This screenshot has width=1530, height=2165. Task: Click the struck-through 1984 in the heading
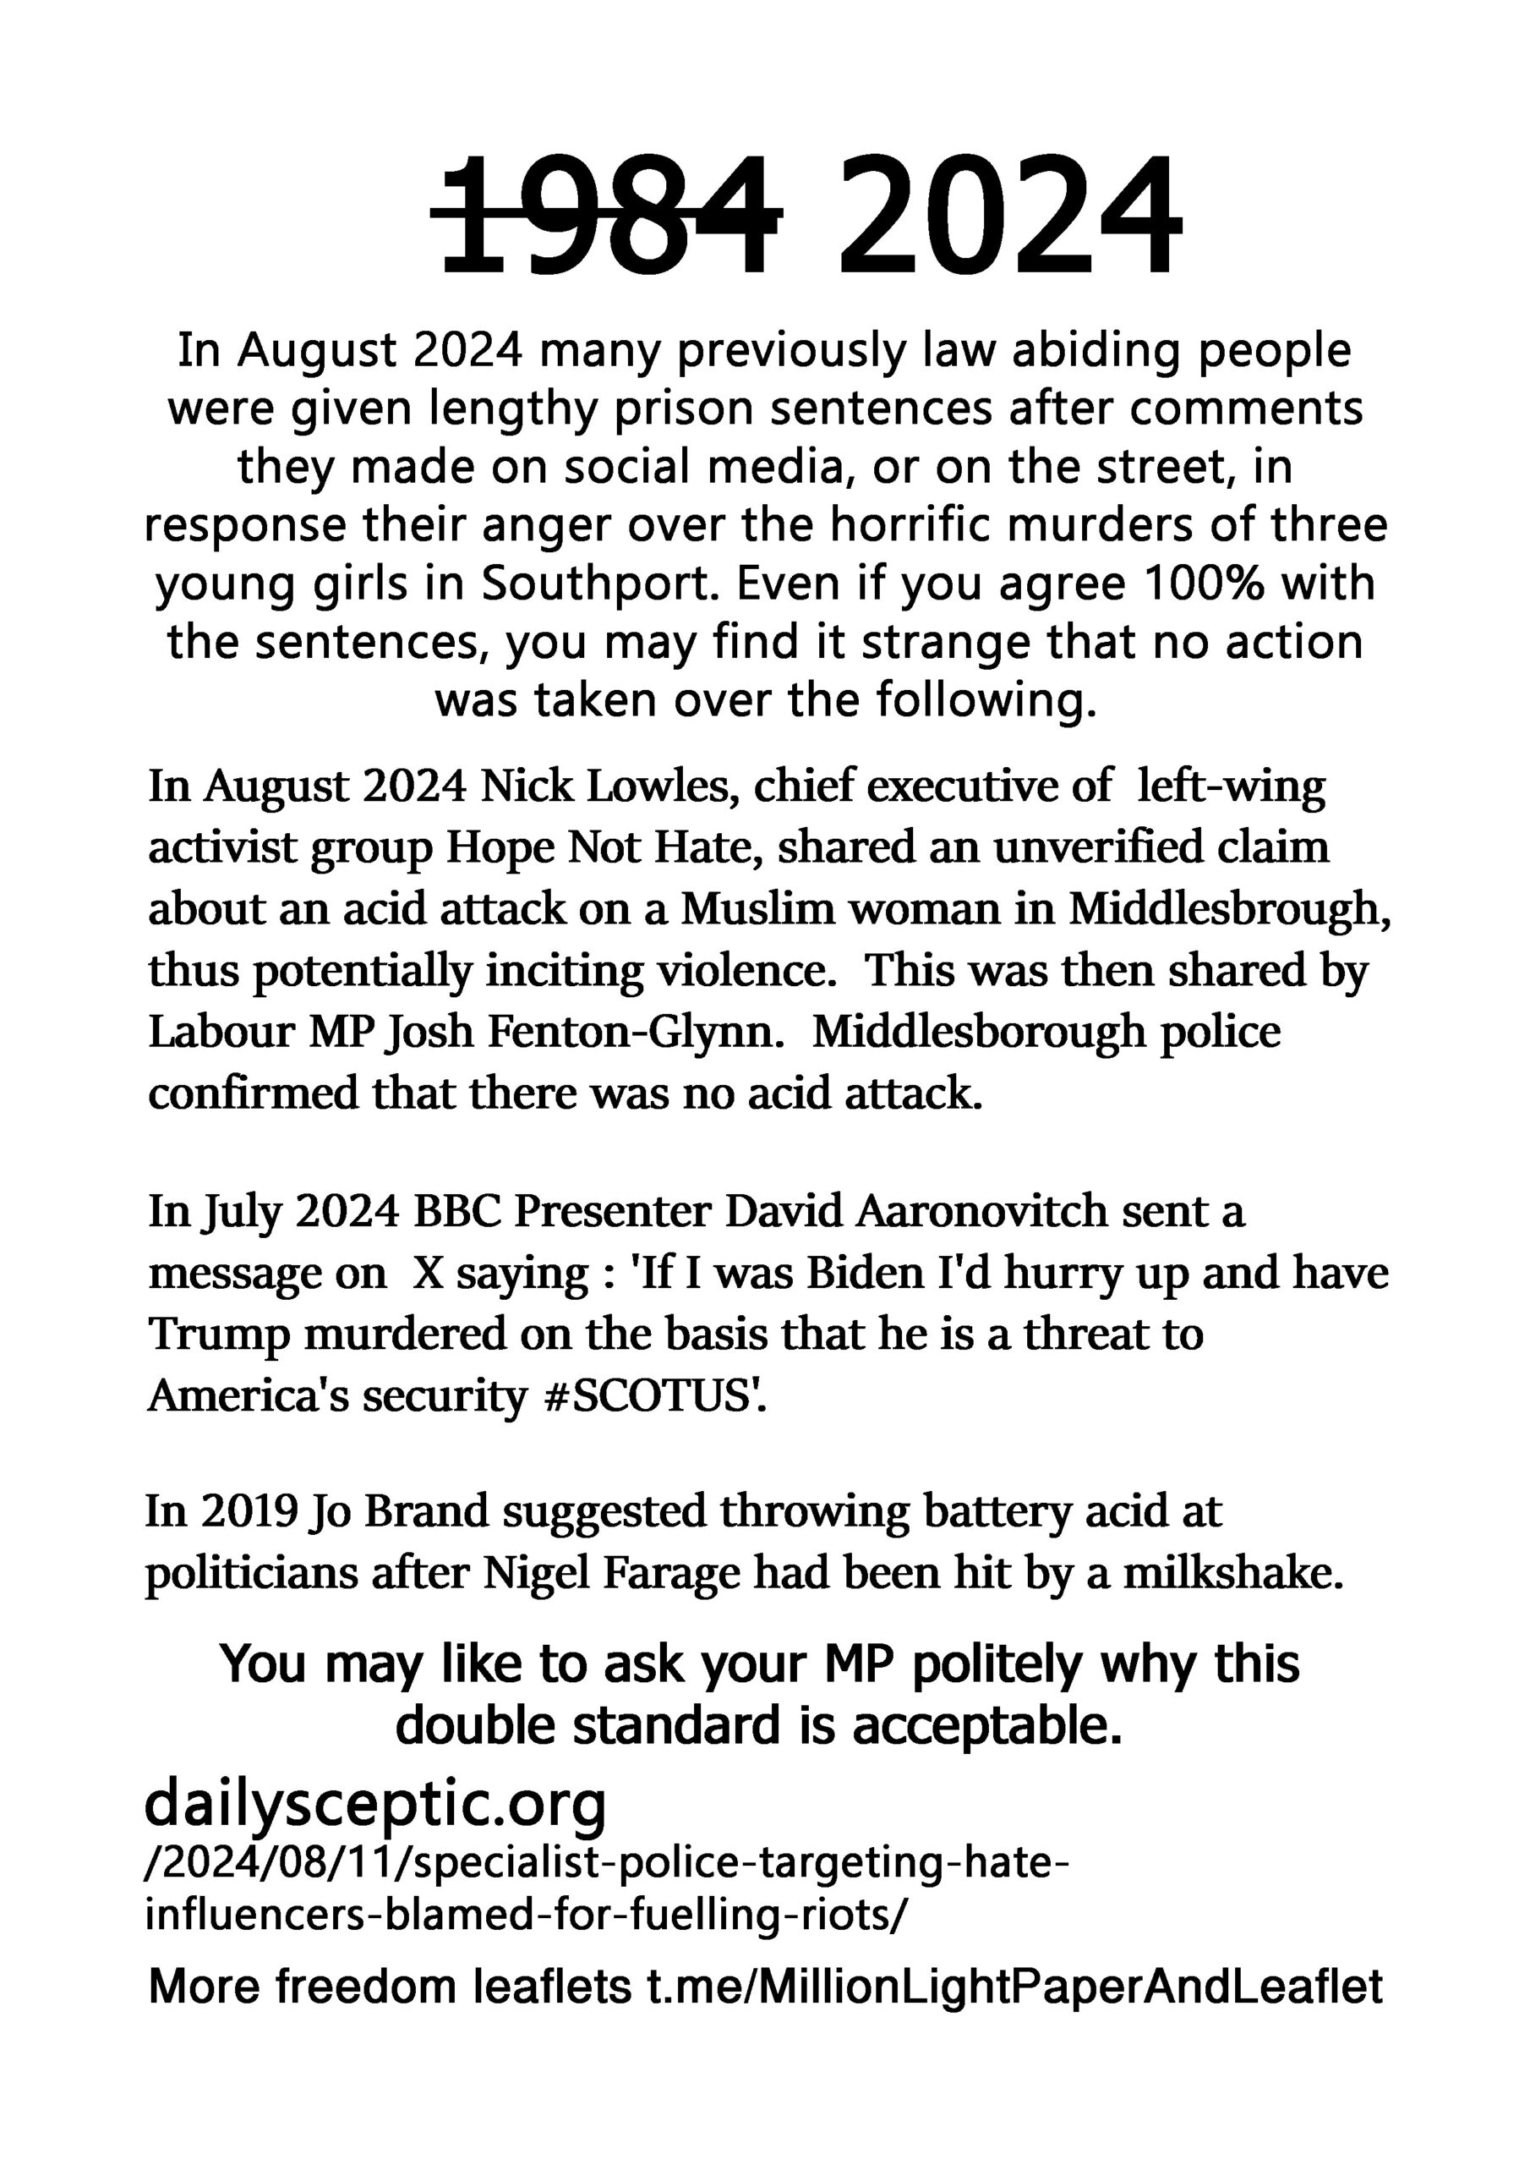(x=606, y=215)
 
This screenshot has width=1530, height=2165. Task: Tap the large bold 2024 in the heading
(x=1008, y=215)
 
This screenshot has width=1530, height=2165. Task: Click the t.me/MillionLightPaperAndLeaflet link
(x=1014, y=1987)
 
